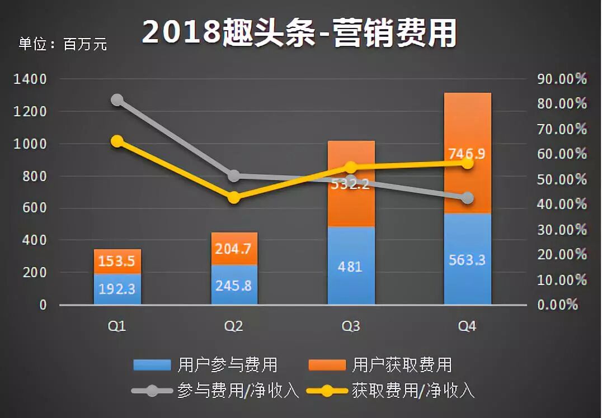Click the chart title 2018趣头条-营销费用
(299, 33)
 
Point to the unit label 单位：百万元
(63, 44)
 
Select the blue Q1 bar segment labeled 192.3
(117, 289)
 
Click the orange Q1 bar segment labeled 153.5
(117, 261)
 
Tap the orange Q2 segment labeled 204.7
(234, 249)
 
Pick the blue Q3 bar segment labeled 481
(351, 266)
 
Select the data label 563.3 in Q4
(467, 260)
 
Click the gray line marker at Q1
(117, 100)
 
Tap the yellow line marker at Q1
(117, 141)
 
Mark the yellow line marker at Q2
(234, 197)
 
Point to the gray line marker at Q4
(468, 198)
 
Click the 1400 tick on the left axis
(31, 79)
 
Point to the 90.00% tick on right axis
(562, 79)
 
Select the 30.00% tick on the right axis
(562, 230)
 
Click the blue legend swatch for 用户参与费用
(152, 365)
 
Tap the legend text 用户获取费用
(402, 365)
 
